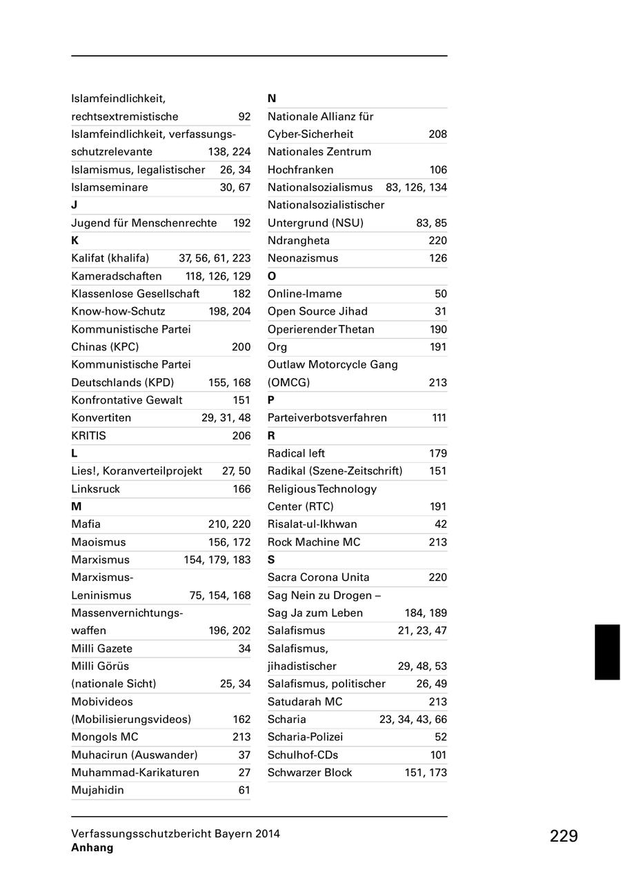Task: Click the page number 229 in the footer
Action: pyautogui.click(x=564, y=836)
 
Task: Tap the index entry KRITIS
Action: pyautogui.click(x=88, y=436)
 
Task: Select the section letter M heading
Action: pyautogui.click(x=76, y=506)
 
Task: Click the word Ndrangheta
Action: pyautogui.click(x=299, y=241)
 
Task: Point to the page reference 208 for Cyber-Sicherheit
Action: pyautogui.click(x=437, y=135)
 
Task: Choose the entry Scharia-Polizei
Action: pyautogui.click(x=305, y=737)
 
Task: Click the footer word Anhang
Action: pyautogui.click(x=92, y=848)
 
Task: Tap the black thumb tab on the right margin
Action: pyautogui.click(x=607, y=652)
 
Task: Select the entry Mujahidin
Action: pyautogui.click(x=97, y=790)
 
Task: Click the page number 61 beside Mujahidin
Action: pyautogui.click(x=244, y=790)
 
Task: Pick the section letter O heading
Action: pyautogui.click(x=272, y=276)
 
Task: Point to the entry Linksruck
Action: pyautogui.click(x=95, y=489)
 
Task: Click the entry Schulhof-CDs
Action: pyautogui.click(x=303, y=755)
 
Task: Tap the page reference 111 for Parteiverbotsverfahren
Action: pyautogui.click(x=439, y=418)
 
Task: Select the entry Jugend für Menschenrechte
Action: pyautogui.click(x=144, y=223)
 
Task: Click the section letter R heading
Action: pyautogui.click(x=271, y=436)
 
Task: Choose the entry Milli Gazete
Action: pyautogui.click(x=101, y=649)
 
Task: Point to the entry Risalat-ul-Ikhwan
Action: pyautogui.click(x=313, y=524)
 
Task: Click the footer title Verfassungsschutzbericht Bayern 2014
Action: pyautogui.click(x=175, y=833)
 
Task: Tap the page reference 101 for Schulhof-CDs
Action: pyautogui.click(x=438, y=755)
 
